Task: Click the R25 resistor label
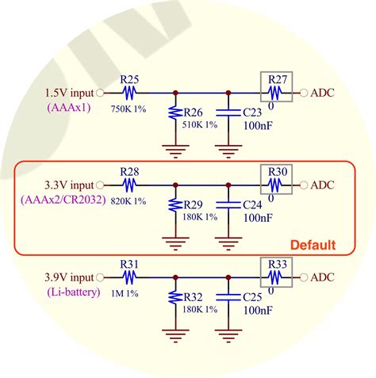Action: [x=130, y=79]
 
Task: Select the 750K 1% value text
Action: [x=129, y=108]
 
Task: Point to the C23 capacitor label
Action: [x=254, y=113]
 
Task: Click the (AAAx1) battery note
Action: [x=71, y=106]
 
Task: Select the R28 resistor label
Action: [x=130, y=171]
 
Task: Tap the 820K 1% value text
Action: [x=129, y=200]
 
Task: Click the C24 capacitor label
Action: [x=254, y=204]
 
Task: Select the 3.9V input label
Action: [x=69, y=277]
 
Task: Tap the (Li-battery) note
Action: [x=71, y=292]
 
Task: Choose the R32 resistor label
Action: [x=194, y=297]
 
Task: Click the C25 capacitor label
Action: [x=254, y=297]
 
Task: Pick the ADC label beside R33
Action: [x=323, y=278]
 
